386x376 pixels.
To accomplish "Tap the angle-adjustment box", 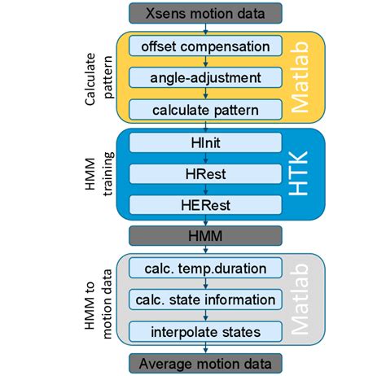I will pyautogui.click(x=205, y=77).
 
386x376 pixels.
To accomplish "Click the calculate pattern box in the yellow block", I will pyautogui.click(x=205, y=109).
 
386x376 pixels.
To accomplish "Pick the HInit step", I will pyautogui.click(x=205, y=142).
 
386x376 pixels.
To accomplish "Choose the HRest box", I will pyautogui.click(x=205, y=173).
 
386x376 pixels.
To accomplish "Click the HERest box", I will pyautogui.click(x=205, y=206).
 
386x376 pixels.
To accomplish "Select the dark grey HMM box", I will pyautogui.click(x=205, y=237).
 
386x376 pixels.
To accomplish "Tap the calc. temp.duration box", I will pyautogui.click(x=205, y=268).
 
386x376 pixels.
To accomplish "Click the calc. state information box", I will pyautogui.click(x=205, y=299).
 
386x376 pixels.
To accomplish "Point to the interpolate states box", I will pyautogui.click(x=205, y=332).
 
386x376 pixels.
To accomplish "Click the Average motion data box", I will pyautogui.click(x=205, y=363).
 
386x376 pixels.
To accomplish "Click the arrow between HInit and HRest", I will pyautogui.click(x=205, y=158).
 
